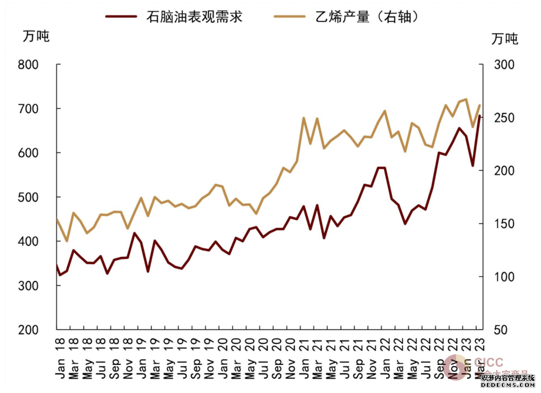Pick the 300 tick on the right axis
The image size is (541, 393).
[x=503, y=65]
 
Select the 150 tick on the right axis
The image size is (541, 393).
[x=503, y=224]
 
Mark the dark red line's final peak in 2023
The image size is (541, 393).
[x=479, y=116]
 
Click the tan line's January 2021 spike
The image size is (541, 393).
[x=304, y=118]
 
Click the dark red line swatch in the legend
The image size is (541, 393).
[x=121, y=17]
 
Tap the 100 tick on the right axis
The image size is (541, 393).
[x=503, y=277]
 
